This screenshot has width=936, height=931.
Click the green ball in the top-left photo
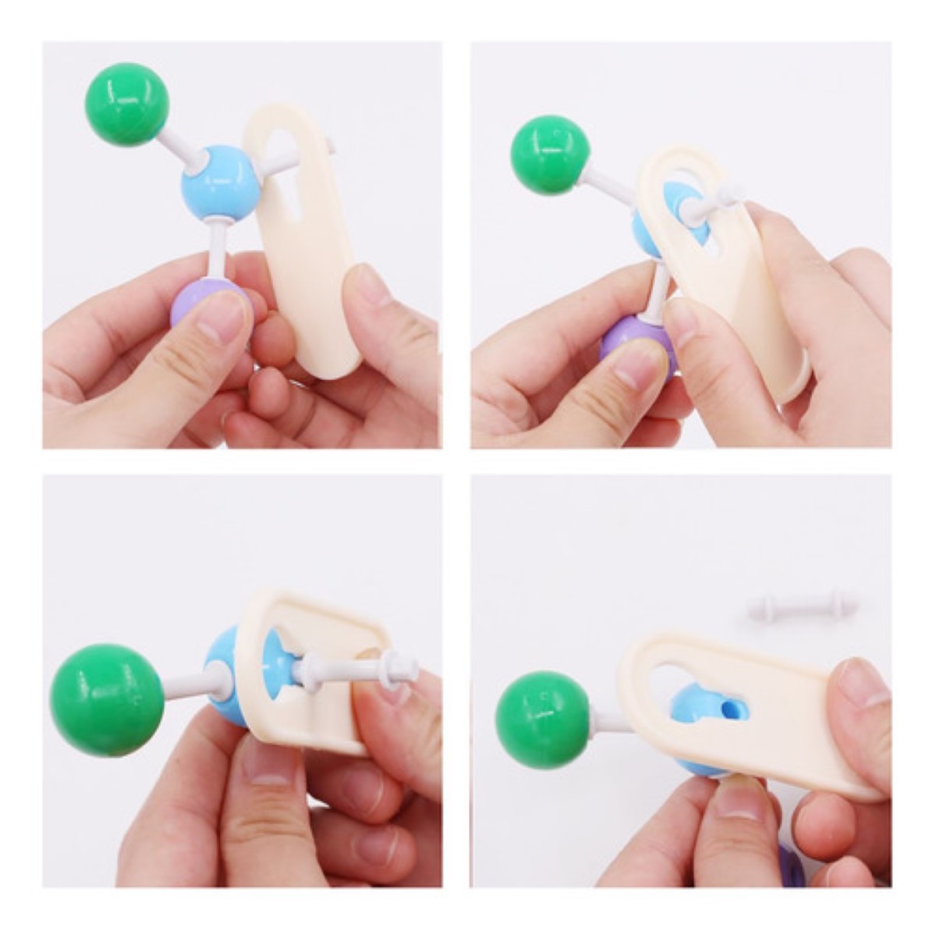pyautogui.click(x=126, y=105)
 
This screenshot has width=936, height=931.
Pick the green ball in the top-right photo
pyautogui.click(x=549, y=155)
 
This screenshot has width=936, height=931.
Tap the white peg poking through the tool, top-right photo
pyautogui.click(x=714, y=204)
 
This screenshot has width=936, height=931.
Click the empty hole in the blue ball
pyautogui.click(x=731, y=708)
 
